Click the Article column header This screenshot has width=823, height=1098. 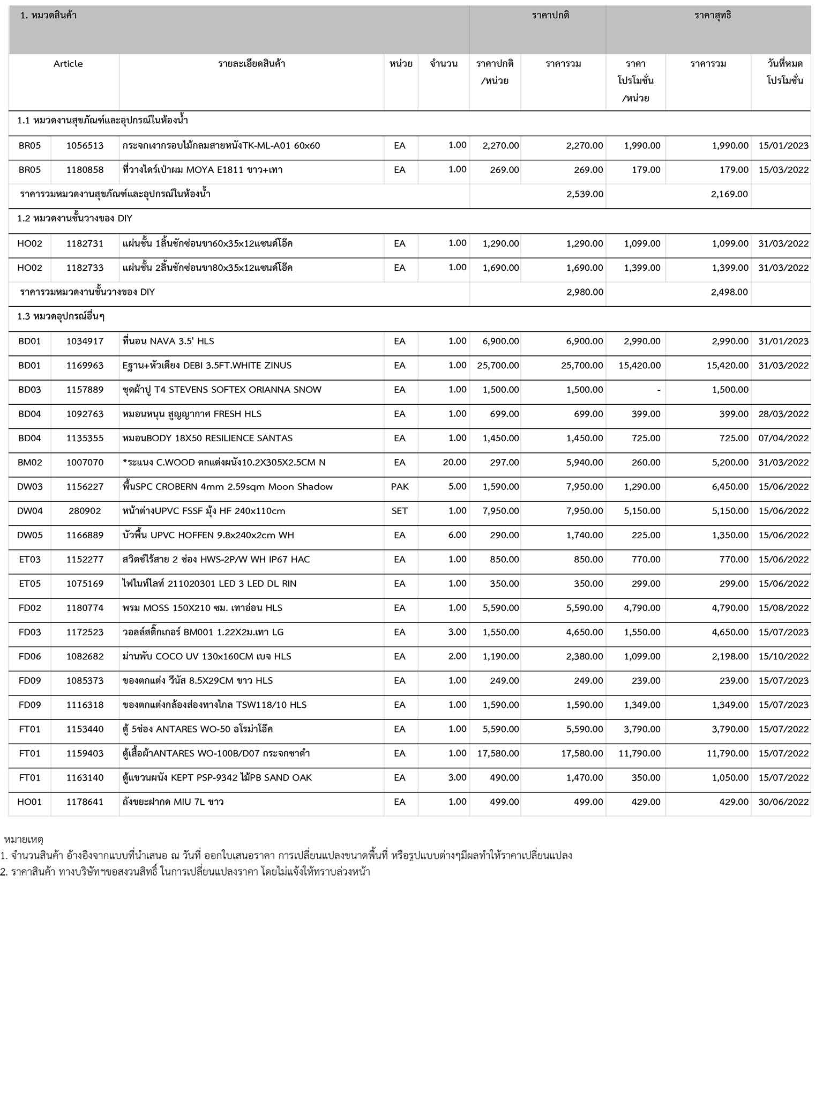click(68, 64)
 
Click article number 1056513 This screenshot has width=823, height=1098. click(85, 146)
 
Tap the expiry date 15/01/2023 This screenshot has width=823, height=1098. click(783, 146)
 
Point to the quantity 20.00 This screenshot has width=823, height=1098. click(454, 462)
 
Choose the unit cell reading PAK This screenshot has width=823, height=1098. click(400, 487)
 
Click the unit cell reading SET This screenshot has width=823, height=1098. click(400, 511)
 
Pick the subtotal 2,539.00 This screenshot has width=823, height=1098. click(585, 194)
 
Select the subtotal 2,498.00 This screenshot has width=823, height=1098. click(729, 292)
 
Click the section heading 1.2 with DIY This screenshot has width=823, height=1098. click(74, 219)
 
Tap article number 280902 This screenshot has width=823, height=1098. click(85, 511)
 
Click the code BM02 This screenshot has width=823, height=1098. click(29, 462)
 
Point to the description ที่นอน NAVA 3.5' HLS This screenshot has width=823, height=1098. click(168, 341)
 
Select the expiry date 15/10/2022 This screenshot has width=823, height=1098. click(783, 656)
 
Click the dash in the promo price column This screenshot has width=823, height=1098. click(659, 390)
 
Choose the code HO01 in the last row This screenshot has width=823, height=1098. click(29, 802)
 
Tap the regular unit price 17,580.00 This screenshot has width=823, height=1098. click(498, 753)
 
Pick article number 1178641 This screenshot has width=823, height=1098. click(85, 802)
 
